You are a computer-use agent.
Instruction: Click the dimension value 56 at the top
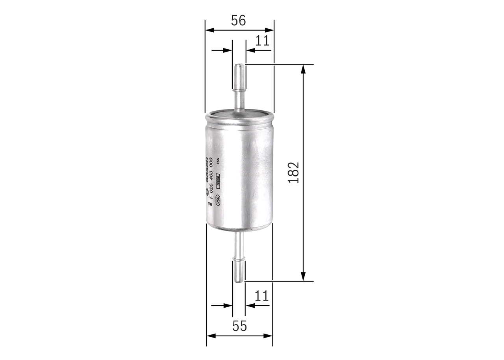239,20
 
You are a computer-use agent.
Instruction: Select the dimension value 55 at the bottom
239,326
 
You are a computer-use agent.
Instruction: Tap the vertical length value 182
294,173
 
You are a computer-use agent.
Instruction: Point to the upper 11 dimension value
262,41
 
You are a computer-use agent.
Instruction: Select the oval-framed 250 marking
218,199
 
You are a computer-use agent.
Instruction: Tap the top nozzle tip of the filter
239,66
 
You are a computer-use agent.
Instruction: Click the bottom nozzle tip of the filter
239,279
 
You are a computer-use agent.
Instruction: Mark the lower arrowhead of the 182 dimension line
303,276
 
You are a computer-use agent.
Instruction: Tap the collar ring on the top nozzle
239,91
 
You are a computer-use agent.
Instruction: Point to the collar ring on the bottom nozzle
239,258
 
